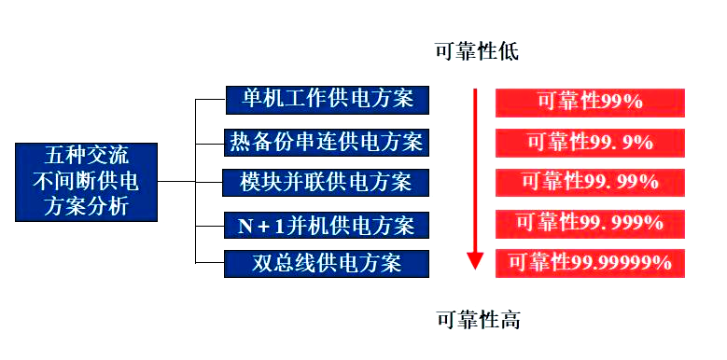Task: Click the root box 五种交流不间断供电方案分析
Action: click(x=86, y=180)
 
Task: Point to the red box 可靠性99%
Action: click(x=590, y=102)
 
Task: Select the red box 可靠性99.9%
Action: click(x=590, y=142)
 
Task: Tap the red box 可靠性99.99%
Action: click(x=590, y=181)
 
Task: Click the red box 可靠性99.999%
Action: click(x=590, y=223)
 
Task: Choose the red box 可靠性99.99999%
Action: click(x=590, y=263)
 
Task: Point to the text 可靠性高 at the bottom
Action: click(x=478, y=321)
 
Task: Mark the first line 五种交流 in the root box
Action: click(x=86, y=156)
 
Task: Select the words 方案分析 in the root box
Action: click(x=86, y=205)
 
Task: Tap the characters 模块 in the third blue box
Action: click(x=252, y=181)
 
